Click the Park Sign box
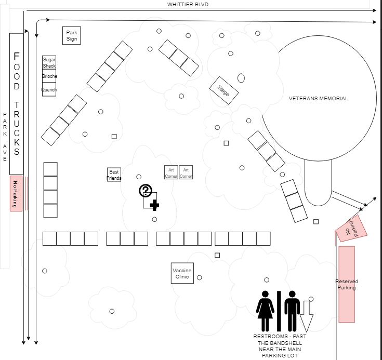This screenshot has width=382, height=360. tap(72, 35)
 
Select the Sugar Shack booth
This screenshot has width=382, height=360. tap(49, 62)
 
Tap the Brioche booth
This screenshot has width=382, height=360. tap(49, 76)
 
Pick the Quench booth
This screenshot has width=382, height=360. tap(49, 90)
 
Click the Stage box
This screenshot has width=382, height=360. tap(224, 90)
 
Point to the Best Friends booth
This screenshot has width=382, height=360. tap(114, 175)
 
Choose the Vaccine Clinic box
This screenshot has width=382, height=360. tap(182, 273)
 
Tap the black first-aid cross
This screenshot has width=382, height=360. tap(154, 205)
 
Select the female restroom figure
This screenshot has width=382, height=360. tap(266, 311)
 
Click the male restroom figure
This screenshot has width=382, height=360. tap(292, 311)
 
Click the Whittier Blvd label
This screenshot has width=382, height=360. tap(188, 4)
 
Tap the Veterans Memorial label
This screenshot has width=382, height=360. tap(319, 98)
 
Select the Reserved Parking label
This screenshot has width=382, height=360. tap(347, 284)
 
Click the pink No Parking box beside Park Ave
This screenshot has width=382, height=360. tap(16, 193)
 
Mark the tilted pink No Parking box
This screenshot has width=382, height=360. tap(352, 227)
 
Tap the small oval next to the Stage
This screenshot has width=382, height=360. tap(241, 78)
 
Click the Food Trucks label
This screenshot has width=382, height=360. tap(17, 104)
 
